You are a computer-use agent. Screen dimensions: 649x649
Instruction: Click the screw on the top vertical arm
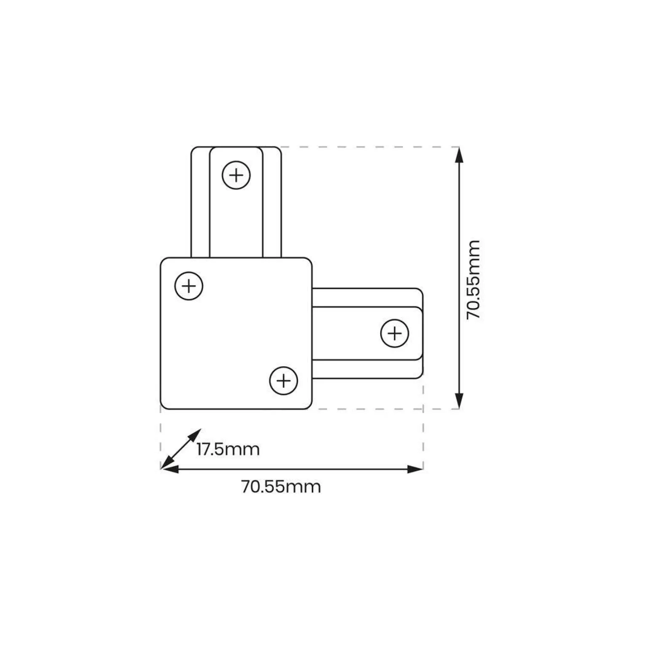(x=236, y=175)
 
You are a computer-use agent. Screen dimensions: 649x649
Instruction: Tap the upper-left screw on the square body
(x=189, y=286)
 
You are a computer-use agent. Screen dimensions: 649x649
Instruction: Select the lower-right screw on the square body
(x=284, y=381)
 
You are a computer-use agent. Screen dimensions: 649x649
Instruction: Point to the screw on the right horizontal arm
(x=394, y=333)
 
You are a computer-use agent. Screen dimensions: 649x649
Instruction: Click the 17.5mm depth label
(x=228, y=449)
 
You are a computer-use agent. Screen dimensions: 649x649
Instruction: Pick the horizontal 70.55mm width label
(x=281, y=487)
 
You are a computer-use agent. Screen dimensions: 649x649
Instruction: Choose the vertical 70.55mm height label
(x=473, y=279)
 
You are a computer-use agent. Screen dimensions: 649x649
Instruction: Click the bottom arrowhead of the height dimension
(x=459, y=401)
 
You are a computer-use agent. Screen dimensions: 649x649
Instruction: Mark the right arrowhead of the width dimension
(x=415, y=469)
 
